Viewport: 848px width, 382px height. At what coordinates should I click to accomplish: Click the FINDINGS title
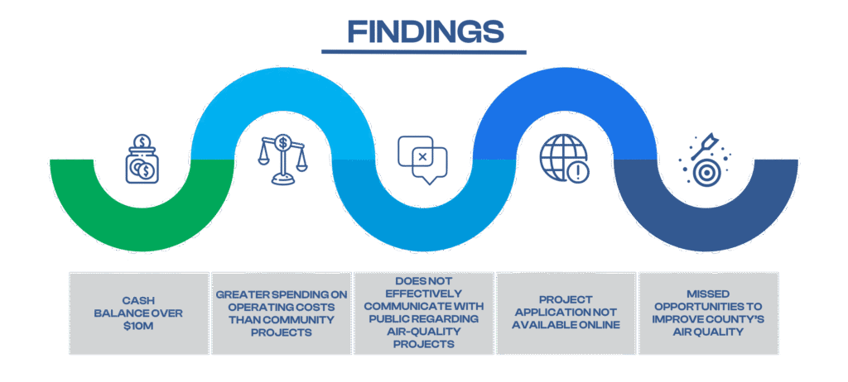pyautogui.click(x=425, y=31)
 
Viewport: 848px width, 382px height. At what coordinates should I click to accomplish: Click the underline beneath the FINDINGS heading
pyautogui.click(x=423, y=52)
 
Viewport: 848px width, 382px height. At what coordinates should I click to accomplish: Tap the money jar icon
pyautogui.click(x=142, y=160)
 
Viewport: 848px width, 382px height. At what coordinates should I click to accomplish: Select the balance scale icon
pyautogui.click(x=282, y=160)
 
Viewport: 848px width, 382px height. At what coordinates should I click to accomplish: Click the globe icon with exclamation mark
pyautogui.click(x=564, y=158)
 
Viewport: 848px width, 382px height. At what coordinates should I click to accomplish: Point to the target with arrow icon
pyautogui.click(x=704, y=160)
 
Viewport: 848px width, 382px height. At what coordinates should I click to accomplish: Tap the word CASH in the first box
pyautogui.click(x=138, y=300)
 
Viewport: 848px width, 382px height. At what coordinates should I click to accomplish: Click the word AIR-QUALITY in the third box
pyautogui.click(x=424, y=332)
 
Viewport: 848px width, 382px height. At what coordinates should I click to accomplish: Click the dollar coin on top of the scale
pyautogui.click(x=282, y=143)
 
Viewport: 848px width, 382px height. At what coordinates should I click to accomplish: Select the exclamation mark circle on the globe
pyautogui.click(x=579, y=172)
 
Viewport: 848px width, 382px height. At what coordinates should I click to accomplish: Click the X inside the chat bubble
pyautogui.click(x=422, y=157)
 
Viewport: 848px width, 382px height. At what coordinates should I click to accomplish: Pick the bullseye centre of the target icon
pyautogui.click(x=704, y=173)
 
